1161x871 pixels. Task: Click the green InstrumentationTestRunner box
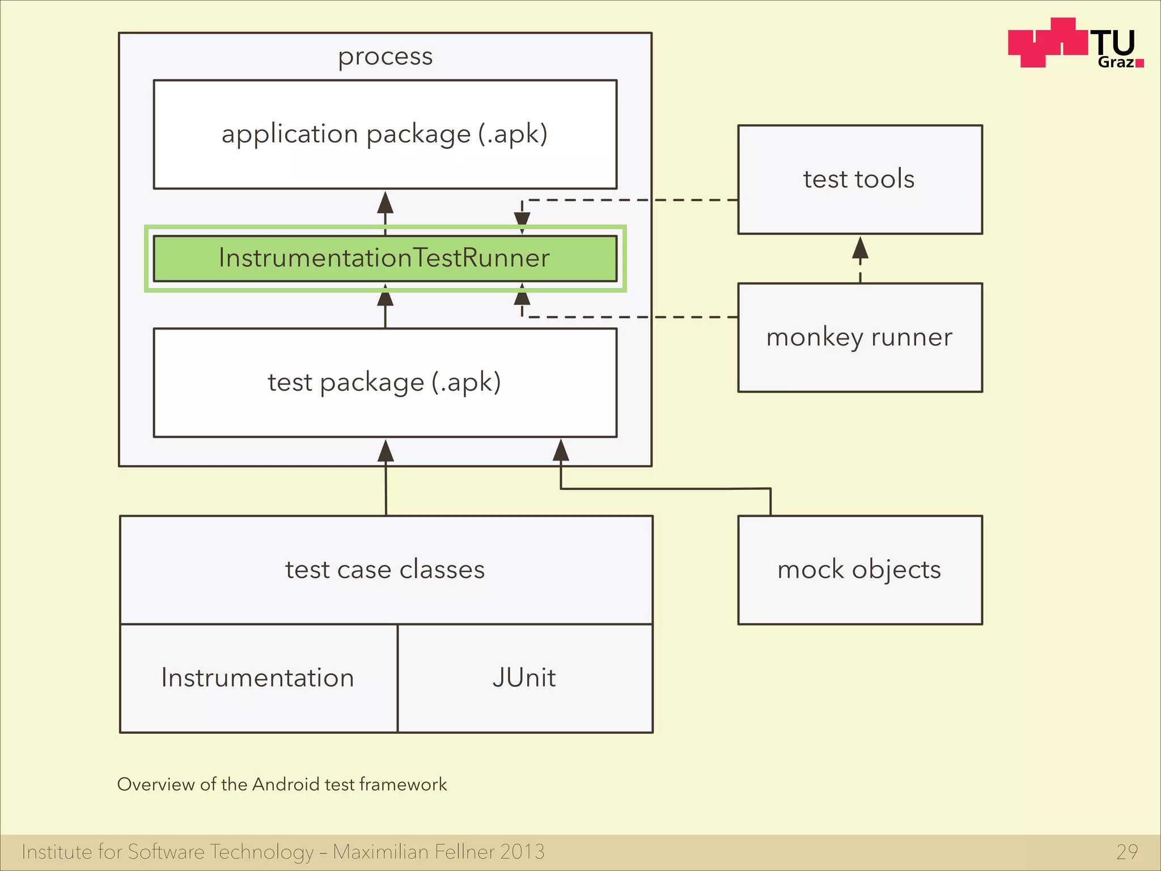385,259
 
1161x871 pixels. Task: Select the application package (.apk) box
385,134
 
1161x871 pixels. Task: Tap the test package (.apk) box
385,382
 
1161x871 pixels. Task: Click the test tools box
859,179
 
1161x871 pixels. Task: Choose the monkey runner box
859,337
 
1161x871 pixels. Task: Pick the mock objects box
859,569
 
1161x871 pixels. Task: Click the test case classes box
385,569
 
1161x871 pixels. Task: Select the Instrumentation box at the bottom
258,678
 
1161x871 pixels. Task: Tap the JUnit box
524,678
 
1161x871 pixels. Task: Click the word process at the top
385,57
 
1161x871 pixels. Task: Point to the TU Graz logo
1075,44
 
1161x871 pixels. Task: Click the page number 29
1127,852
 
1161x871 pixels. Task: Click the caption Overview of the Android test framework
282,784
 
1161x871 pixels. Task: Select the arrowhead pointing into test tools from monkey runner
860,248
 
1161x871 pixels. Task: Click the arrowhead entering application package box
385,202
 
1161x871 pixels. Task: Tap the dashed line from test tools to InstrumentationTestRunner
629,200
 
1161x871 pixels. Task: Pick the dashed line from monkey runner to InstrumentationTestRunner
629,317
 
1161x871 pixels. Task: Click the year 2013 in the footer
522,852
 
